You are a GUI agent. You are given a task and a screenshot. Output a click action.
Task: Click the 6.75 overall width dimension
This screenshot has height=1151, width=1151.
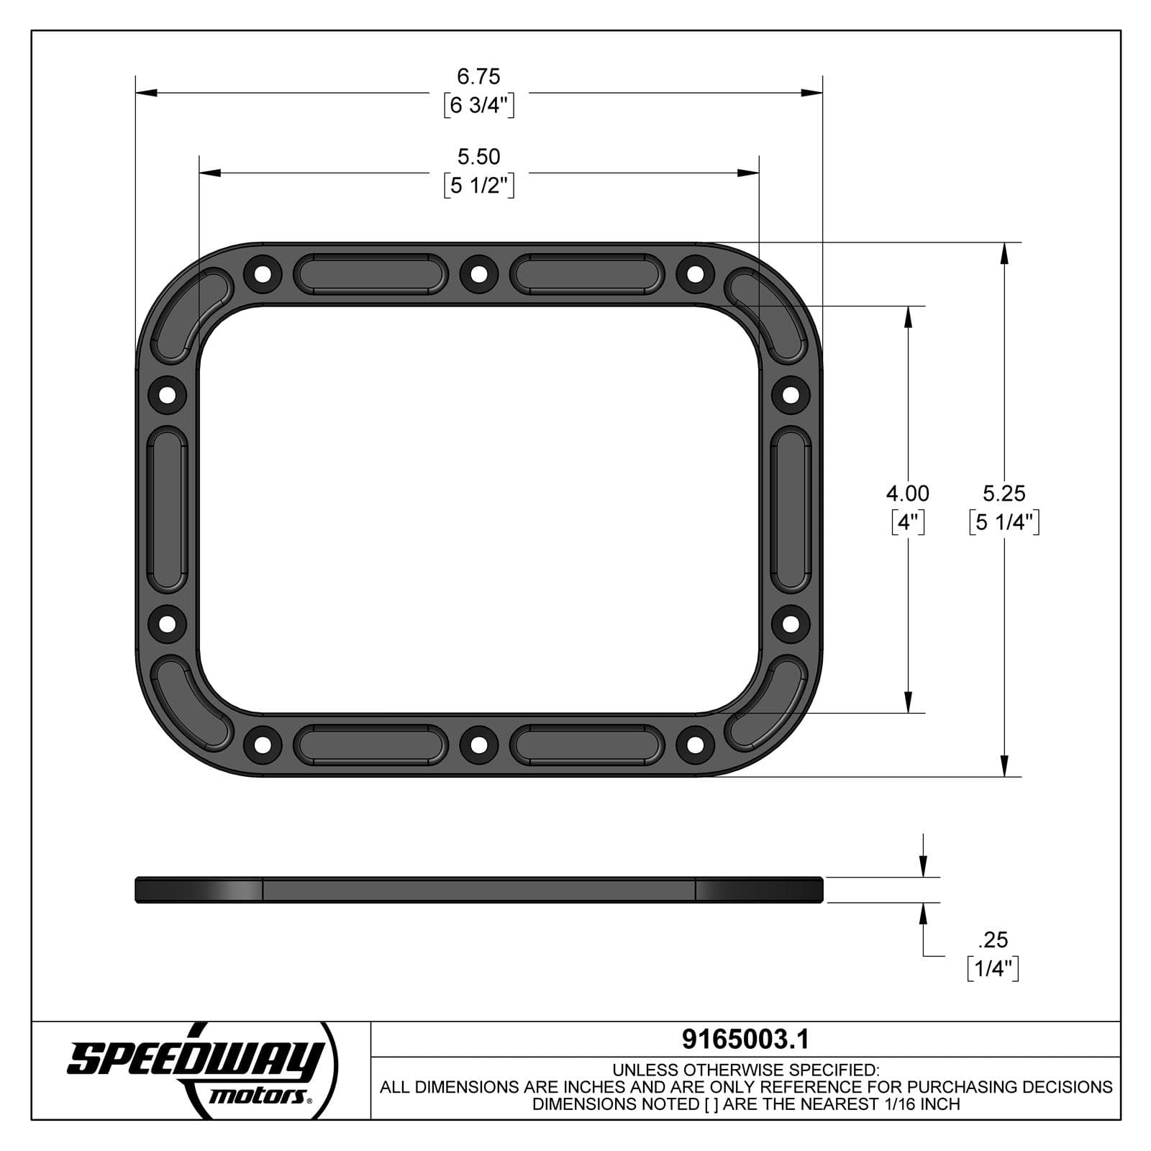pyautogui.click(x=478, y=76)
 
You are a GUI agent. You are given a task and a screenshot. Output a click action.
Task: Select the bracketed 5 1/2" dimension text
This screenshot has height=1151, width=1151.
pyautogui.click(x=478, y=186)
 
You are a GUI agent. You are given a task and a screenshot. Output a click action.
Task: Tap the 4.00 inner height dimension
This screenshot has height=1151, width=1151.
pyautogui.click(x=907, y=493)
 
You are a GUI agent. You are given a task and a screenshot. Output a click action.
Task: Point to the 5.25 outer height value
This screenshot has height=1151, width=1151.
pyautogui.click(x=1004, y=493)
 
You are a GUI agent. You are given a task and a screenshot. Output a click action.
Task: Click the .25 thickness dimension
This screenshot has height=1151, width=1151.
pyautogui.click(x=993, y=940)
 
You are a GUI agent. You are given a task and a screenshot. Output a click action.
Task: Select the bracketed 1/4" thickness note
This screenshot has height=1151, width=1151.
pyautogui.click(x=993, y=969)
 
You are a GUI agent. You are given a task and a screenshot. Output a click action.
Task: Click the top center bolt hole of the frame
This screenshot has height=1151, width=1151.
pyautogui.click(x=478, y=274)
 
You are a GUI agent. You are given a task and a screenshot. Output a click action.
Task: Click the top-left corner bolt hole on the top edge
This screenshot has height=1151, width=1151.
pyautogui.click(x=263, y=274)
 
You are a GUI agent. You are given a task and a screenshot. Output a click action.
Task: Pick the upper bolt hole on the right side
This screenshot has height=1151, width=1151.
pyautogui.click(x=791, y=394)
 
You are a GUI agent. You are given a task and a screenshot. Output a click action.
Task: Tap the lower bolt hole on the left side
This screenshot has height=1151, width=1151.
pyautogui.click(x=167, y=623)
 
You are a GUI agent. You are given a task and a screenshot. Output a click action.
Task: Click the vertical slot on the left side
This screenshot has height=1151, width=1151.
pyautogui.click(x=167, y=509)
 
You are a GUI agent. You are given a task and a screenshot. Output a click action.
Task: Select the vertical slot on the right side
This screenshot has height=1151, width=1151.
pyautogui.click(x=791, y=509)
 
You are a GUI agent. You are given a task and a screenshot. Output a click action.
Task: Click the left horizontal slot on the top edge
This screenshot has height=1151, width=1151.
pyautogui.click(x=370, y=274)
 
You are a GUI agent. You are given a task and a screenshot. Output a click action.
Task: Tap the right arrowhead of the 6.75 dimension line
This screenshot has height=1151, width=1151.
pyautogui.click(x=813, y=93)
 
